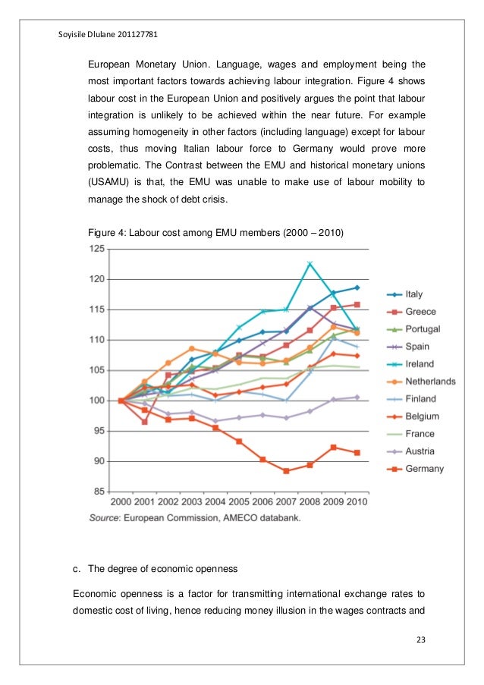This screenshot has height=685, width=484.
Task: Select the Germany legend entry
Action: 424,469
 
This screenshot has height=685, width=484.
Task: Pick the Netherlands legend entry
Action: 429,381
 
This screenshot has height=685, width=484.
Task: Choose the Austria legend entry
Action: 420,451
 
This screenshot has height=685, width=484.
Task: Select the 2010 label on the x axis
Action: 357,502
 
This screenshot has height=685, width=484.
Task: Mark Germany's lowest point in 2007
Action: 286,471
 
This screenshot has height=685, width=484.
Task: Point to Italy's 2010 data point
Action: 357,288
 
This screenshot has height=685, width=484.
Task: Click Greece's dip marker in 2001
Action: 144,421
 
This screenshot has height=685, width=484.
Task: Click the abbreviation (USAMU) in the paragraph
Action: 115,183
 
